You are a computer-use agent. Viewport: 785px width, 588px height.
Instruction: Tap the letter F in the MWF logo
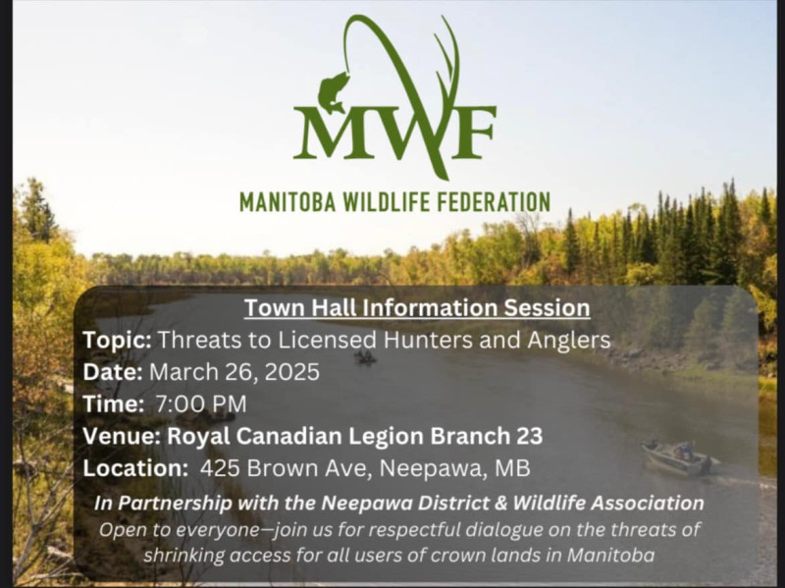pyautogui.click(x=473, y=132)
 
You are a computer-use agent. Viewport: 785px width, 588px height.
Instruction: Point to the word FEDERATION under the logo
pyautogui.click(x=494, y=201)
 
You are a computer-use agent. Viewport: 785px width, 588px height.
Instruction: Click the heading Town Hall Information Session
pyautogui.click(x=417, y=307)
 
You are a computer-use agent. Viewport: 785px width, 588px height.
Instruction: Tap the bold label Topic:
pyautogui.click(x=117, y=340)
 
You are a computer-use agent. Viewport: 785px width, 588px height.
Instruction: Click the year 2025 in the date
pyautogui.click(x=291, y=372)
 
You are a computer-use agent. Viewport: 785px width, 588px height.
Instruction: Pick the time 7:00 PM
pyautogui.click(x=201, y=404)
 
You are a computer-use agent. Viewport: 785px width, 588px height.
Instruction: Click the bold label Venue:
pyautogui.click(x=122, y=436)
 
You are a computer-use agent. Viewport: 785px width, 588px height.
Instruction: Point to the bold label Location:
pyautogui.click(x=135, y=468)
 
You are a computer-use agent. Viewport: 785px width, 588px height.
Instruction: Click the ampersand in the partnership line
pyautogui.click(x=500, y=503)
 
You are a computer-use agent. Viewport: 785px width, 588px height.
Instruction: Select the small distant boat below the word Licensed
pyautogui.click(x=365, y=357)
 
